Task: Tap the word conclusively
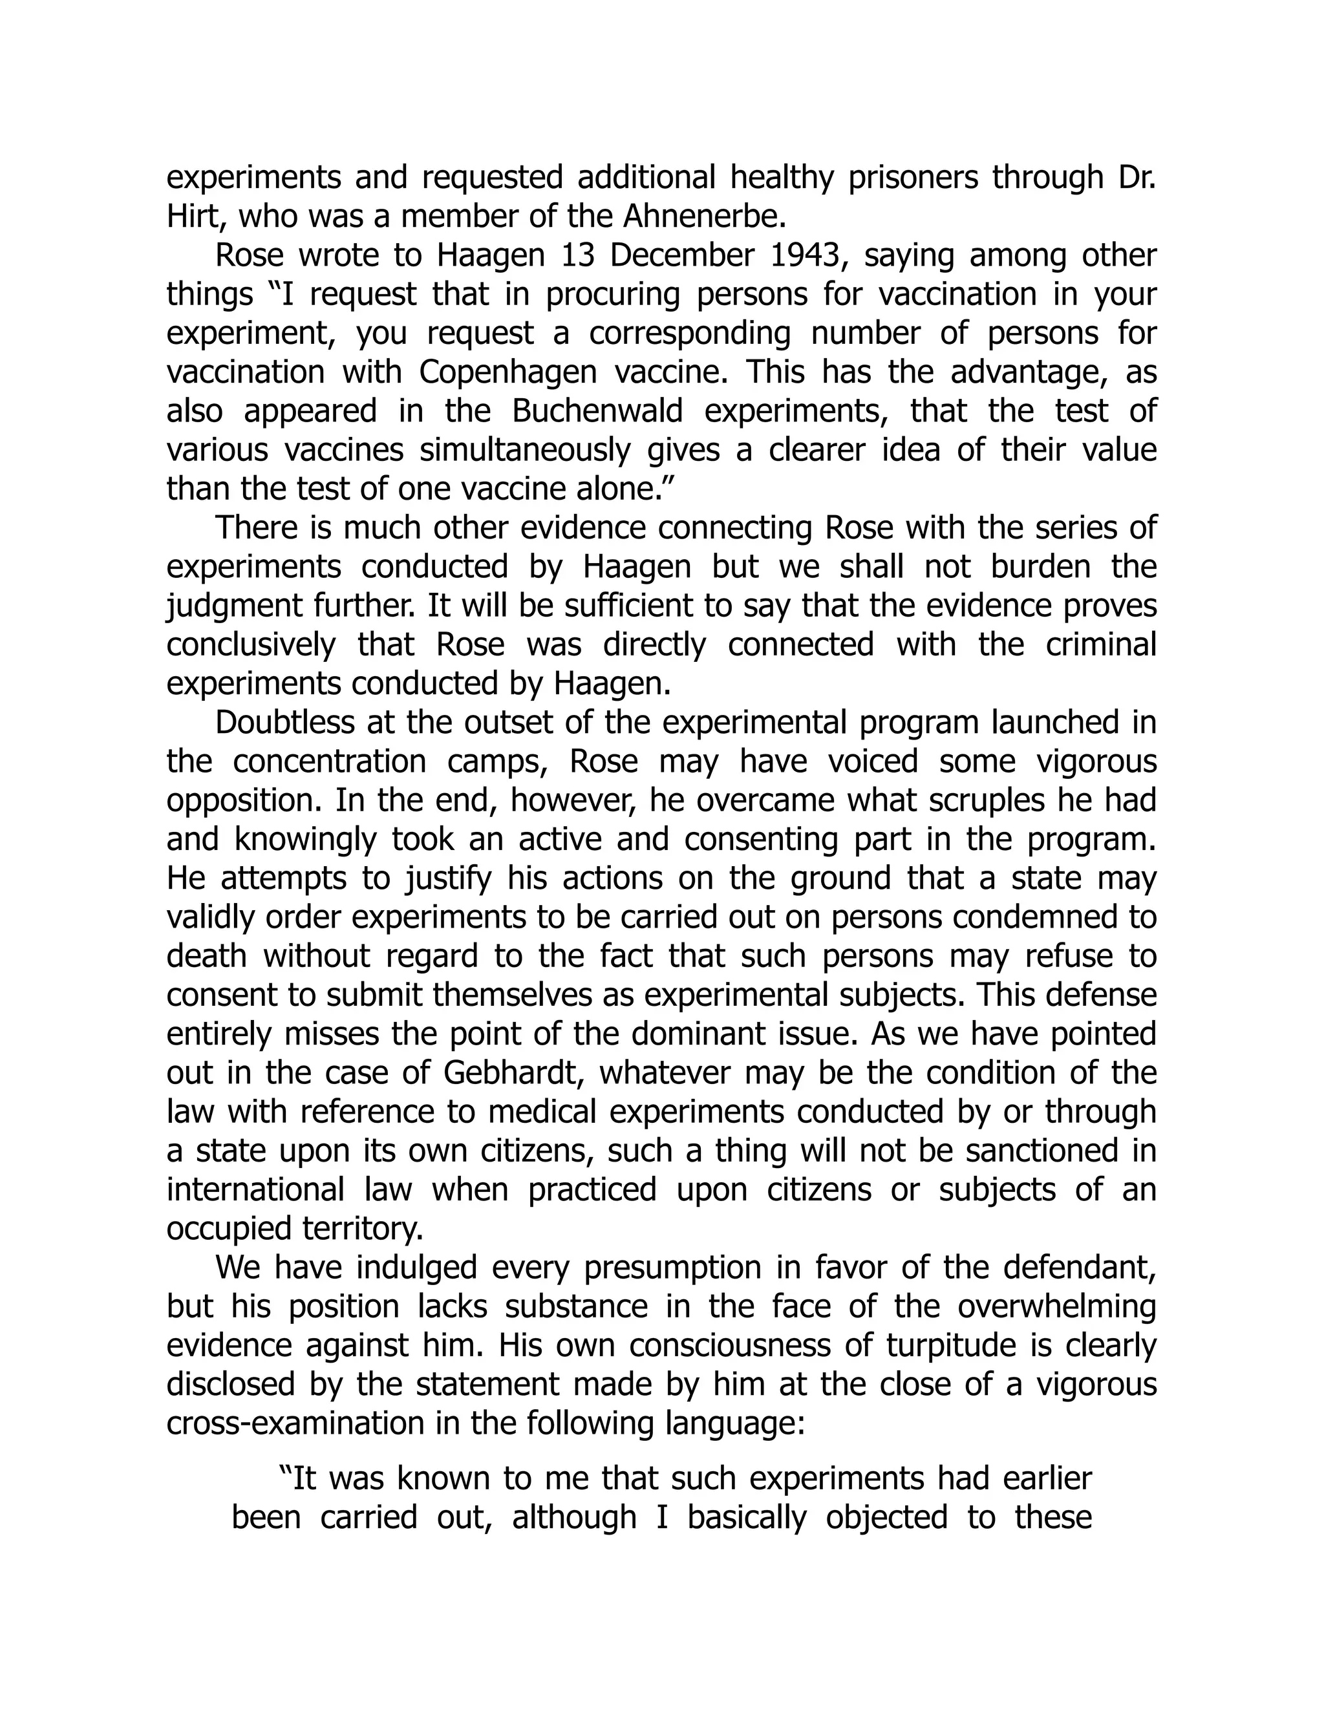[x=251, y=644]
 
